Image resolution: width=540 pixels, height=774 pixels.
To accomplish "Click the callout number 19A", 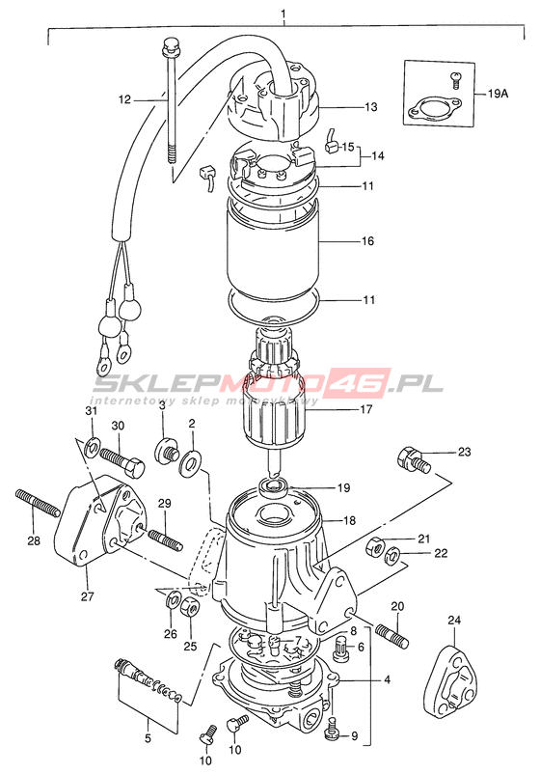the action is pyautogui.click(x=498, y=94).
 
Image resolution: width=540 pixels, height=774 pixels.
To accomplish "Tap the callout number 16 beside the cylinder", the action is pyautogui.click(x=368, y=241).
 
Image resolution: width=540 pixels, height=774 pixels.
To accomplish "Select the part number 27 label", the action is pyautogui.click(x=88, y=596).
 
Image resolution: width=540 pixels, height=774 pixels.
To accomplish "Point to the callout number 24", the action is pyautogui.click(x=454, y=620).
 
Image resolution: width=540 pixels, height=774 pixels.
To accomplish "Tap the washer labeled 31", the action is pyautogui.click(x=92, y=447).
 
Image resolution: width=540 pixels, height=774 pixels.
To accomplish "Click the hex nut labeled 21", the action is pyautogui.click(x=374, y=546).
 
